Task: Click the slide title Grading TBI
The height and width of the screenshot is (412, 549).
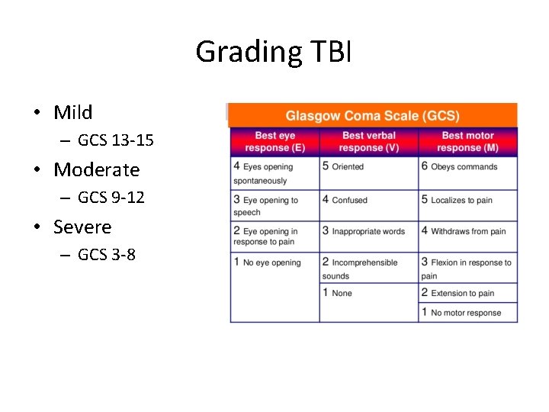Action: click(x=273, y=52)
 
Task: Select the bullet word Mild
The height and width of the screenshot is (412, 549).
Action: click(x=73, y=113)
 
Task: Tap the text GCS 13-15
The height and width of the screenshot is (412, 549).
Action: click(x=115, y=140)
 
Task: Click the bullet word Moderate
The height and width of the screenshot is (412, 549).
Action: click(x=97, y=169)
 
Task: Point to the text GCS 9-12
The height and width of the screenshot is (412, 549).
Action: click(x=111, y=198)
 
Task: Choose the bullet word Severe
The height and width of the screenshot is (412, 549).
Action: click(x=82, y=227)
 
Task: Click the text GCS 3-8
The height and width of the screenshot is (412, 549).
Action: click(x=106, y=255)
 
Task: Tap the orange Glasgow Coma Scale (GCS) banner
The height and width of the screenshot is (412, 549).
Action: click(x=372, y=116)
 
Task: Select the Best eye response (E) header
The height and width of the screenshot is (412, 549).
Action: click(x=274, y=142)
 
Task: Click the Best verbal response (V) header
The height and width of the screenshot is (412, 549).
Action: click(x=368, y=142)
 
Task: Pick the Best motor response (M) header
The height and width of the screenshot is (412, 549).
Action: click(x=467, y=142)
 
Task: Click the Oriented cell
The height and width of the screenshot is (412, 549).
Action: click(x=347, y=166)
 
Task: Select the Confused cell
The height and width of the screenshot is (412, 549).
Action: click(x=349, y=200)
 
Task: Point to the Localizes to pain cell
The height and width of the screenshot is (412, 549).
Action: click(x=461, y=200)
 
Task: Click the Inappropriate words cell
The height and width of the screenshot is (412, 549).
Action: click(x=368, y=231)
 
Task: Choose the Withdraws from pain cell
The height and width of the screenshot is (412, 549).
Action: click(x=467, y=231)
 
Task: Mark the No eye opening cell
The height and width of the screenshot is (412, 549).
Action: click(x=271, y=262)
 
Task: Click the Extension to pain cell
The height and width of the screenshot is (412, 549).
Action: click(x=462, y=293)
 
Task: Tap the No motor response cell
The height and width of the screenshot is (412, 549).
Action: click(x=466, y=313)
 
